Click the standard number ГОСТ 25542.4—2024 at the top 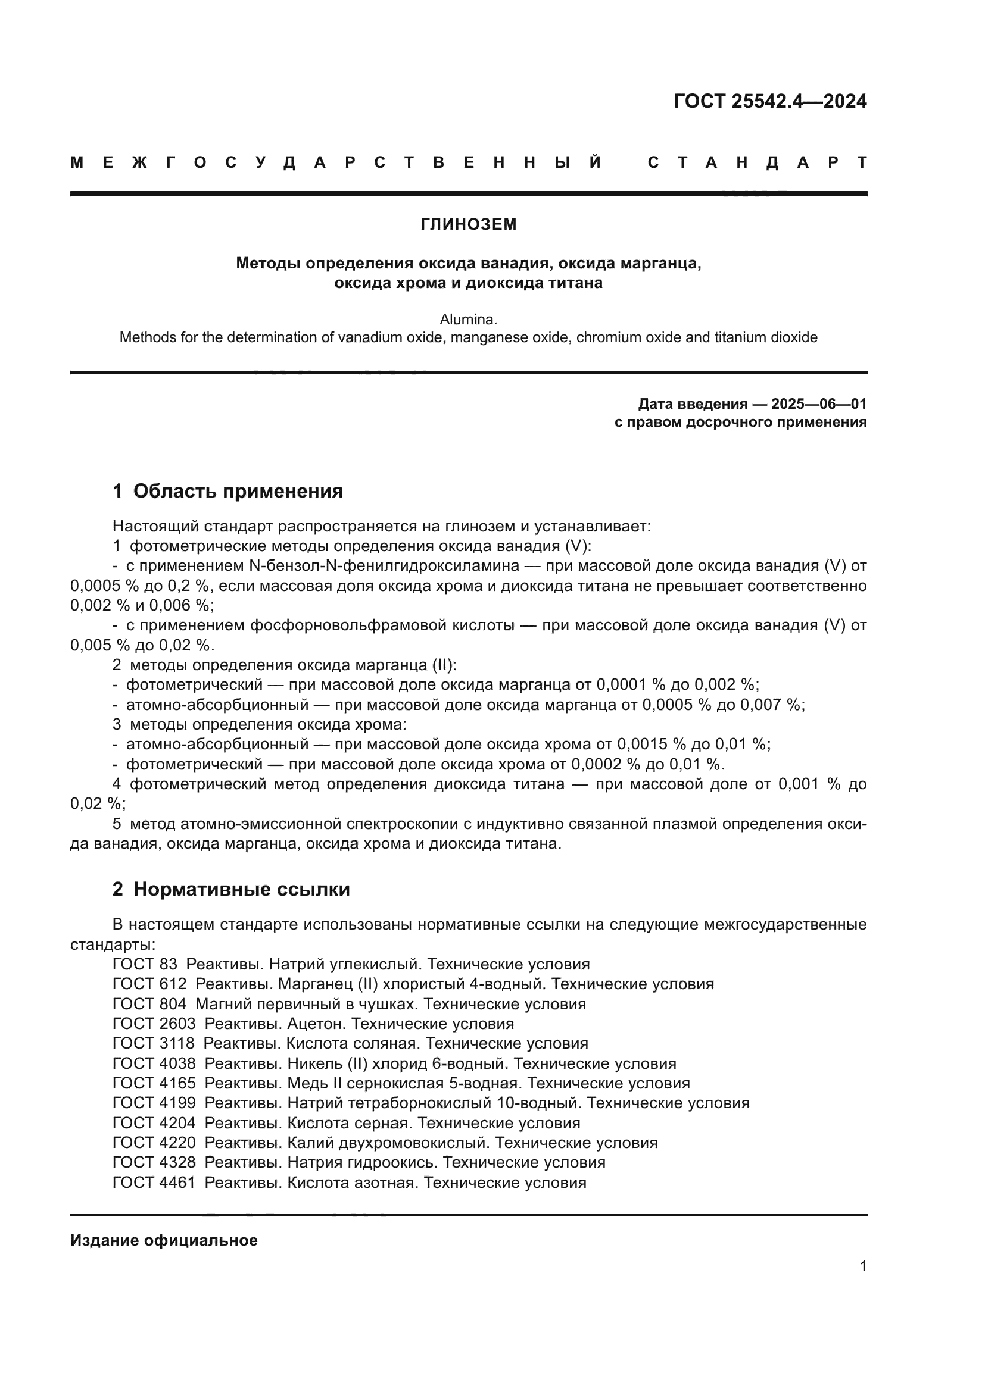[x=769, y=101]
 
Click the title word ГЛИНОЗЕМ [x=468, y=224]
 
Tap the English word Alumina [x=468, y=320]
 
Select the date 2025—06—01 [x=818, y=403]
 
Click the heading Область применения [x=238, y=491]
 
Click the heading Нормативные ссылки [x=241, y=889]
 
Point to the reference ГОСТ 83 [x=145, y=965]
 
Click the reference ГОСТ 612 [x=149, y=984]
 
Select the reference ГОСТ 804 [x=149, y=1005]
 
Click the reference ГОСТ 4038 [x=154, y=1064]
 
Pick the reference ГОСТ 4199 [x=154, y=1103]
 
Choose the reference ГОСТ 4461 [x=154, y=1183]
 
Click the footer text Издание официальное [x=164, y=1240]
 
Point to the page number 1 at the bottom [x=862, y=1284]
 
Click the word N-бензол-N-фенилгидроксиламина [x=384, y=566]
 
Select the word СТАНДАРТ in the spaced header [x=757, y=162]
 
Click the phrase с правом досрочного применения [x=740, y=422]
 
